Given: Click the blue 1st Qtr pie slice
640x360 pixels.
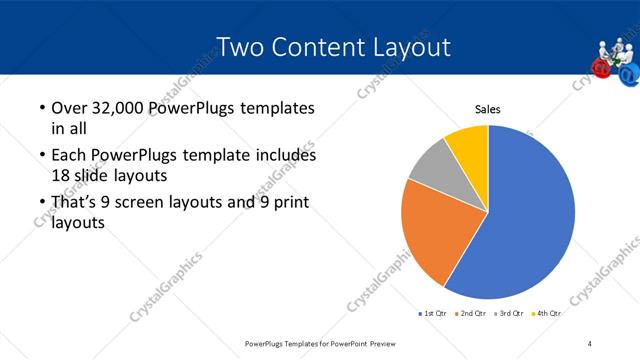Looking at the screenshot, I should [x=530, y=220].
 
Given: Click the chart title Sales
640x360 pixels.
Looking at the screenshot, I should [x=487, y=110].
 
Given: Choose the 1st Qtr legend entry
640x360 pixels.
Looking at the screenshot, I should [x=432, y=313].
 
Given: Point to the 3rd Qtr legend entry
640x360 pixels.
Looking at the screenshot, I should [x=510, y=313].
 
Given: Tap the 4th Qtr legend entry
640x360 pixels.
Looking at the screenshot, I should [x=547, y=313].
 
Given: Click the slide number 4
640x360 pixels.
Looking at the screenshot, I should [x=590, y=343].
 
